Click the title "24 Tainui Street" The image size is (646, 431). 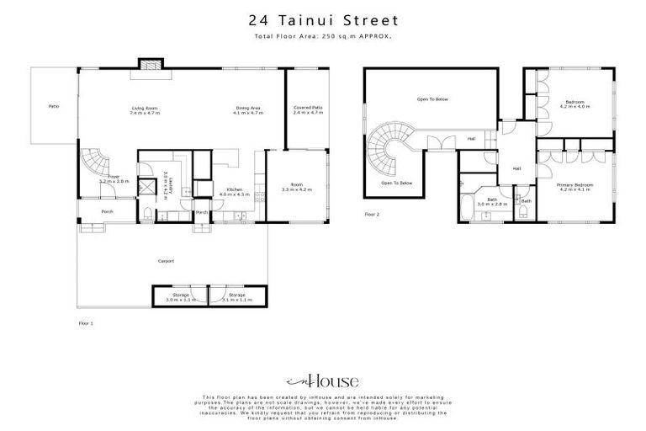tap(322, 19)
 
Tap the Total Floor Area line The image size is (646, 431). tap(322, 38)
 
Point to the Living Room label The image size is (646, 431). tap(145, 110)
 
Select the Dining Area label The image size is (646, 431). tap(247, 110)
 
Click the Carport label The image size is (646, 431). tap(167, 261)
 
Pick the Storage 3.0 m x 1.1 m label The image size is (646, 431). tap(181, 297)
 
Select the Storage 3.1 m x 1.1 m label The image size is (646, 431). tap(236, 297)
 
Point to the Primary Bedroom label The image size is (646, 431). tap(576, 187)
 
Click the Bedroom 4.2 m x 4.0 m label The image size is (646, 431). tap(575, 104)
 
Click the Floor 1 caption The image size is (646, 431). tap(85, 322)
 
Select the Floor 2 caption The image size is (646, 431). tap(372, 215)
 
